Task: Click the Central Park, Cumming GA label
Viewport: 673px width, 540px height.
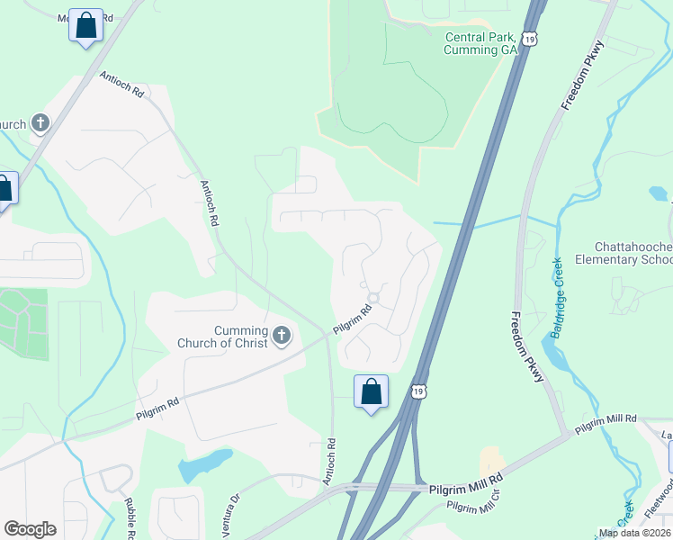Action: click(481, 43)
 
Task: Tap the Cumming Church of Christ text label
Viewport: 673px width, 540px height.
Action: click(240, 337)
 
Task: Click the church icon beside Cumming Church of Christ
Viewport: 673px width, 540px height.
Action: click(282, 337)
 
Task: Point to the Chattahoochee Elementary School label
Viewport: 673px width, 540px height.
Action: click(633, 253)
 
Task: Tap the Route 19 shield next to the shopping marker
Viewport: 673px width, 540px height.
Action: click(418, 390)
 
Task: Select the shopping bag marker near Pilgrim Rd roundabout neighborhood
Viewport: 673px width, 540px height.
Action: click(371, 392)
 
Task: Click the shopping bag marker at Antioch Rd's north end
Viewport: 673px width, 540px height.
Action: click(85, 26)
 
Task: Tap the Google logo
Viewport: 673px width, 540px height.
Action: click(30, 528)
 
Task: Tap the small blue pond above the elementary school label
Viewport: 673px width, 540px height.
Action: click(658, 193)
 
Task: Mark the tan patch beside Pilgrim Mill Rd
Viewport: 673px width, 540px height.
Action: click(492, 461)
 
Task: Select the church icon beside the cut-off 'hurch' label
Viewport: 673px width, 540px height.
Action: click(40, 123)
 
